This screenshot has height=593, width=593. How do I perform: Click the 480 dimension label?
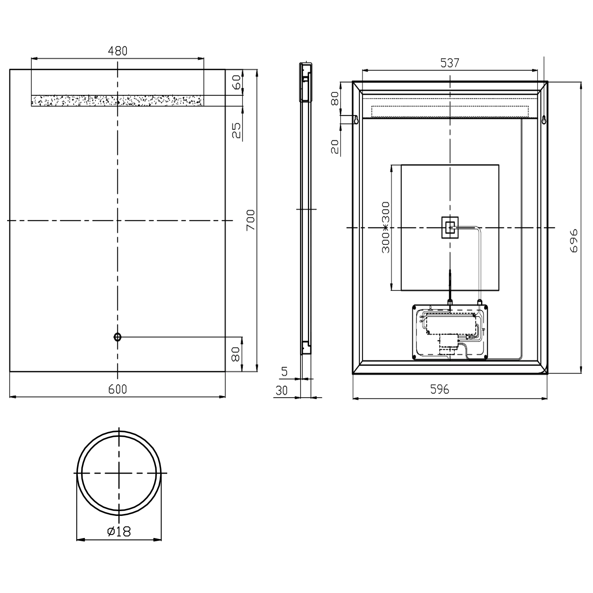pyautogui.click(x=118, y=51)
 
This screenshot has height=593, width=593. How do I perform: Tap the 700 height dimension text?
pyautogui.click(x=251, y=220)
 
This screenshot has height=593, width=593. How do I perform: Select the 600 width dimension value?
pyautogui.click(x=118, y=389)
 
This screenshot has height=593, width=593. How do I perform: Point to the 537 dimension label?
pyautogui.click(x=450, y=63)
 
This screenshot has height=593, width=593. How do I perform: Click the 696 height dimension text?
pyautogui.click(x=574, y=240)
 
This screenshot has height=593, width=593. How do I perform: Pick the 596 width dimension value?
pyautogui.click(x=440, y=389)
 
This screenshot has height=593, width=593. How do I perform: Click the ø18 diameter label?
pyautogui.click(x=119, y=531)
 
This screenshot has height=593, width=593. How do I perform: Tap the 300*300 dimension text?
pyautogui.click(x=386, y=227)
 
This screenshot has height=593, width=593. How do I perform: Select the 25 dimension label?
pyautogui.click(x=236, y=130)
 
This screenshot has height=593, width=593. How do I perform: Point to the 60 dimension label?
pyautogui.click(x=236, y=82)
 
